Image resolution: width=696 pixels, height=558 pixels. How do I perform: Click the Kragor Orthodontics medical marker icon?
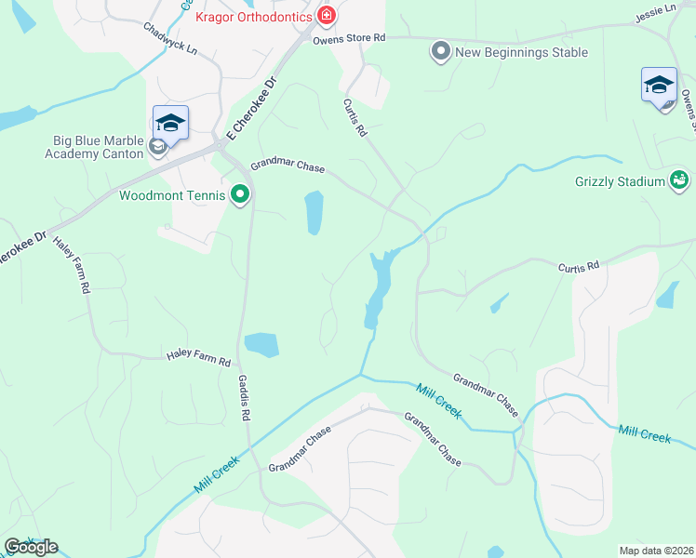point(326,15)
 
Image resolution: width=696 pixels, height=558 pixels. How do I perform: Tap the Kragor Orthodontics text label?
point(254,16)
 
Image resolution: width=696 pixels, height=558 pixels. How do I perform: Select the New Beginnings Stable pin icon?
point(440,52)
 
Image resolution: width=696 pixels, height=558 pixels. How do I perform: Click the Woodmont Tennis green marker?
point(240,195)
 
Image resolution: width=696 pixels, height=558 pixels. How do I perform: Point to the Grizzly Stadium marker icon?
point(679,180)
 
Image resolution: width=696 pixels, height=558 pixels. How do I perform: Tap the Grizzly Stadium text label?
point(618,181)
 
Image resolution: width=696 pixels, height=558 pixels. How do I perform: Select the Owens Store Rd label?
point(349,38)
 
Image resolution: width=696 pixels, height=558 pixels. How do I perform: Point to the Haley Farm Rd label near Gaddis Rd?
point(198,355)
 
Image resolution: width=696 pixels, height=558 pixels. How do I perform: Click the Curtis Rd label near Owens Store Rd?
point(355,119)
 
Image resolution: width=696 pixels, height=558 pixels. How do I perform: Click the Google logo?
point(31,547)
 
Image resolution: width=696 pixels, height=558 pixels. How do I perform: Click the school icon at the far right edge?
point(659,86)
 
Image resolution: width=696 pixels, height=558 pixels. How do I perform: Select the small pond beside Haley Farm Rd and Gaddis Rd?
point(261,344)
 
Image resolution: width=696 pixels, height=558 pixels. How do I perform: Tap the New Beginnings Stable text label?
point(521,52)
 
